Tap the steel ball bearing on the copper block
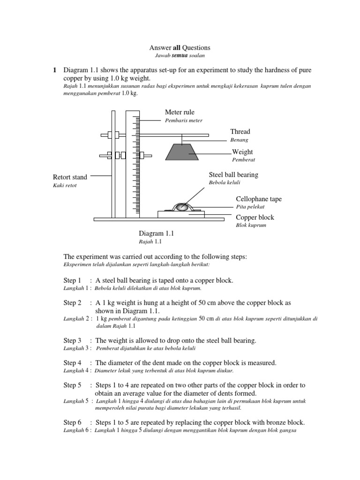coord(182,206)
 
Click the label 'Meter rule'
coord(180,112)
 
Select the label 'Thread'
coord(240,132)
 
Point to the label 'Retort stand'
coord(70,177)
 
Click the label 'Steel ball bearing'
coord(233,175)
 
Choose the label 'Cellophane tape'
coord(259,199)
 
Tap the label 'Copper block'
coord(255,217)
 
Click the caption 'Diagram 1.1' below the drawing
coord(156,233)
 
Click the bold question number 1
coord(54,70)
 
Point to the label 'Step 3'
coord(73,340)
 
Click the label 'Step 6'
coord(73,422)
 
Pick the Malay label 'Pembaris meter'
coord(184,120)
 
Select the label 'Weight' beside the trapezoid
coord(243,152)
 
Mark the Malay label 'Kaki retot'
coord(65,186)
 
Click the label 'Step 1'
coord(73,280)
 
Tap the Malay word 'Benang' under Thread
coord(238,140)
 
